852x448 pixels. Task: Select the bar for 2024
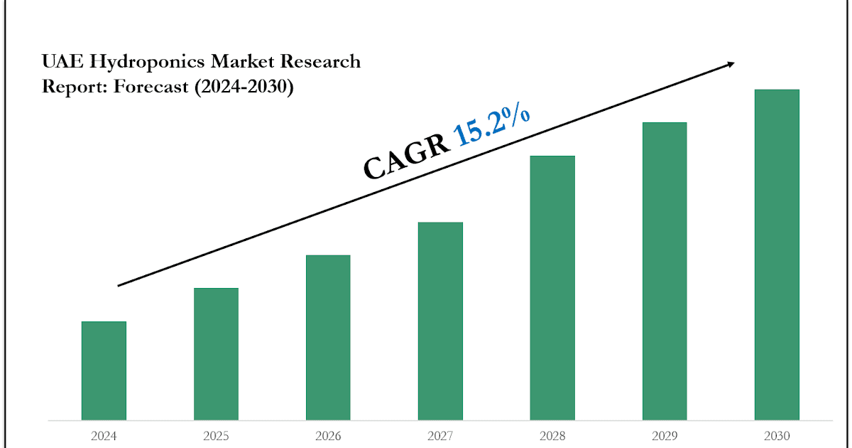tap(104, 370)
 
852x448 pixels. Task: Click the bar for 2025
tap(216, 353)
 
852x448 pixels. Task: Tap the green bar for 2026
tap(328, 337)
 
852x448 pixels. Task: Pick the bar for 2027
tap(440, 321)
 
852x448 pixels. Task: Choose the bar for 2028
tap(552, 287)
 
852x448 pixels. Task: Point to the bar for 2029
tap(665, 271)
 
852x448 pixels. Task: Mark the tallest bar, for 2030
tap(777, 255)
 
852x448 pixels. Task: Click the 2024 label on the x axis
tap(104, 436)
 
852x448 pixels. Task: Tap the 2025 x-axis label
tap(216, 436)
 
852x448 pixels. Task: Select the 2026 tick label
tap(328, 436)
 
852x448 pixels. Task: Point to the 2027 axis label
tap(440, 436)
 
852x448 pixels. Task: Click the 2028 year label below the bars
tap(552, 436)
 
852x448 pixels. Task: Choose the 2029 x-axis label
tap(665, 436)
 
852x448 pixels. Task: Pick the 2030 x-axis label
tap(777, 436)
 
